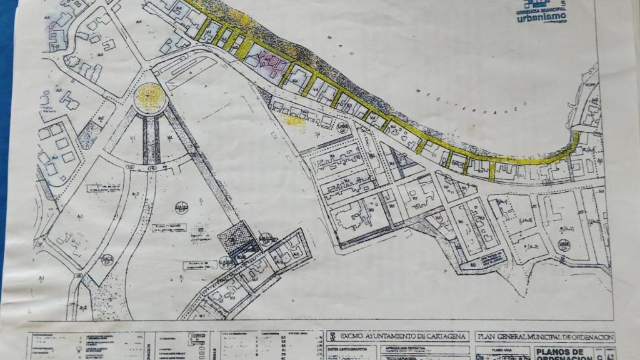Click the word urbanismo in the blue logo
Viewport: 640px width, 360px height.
pyautogui.click(x=542, y=17)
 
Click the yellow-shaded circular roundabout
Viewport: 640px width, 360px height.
pyautogui.click(x=149, y=97)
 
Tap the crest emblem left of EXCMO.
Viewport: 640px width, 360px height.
pyautogui.click(x=334, y=336)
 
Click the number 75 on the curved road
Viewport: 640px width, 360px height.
pyautogui.click(x=151, y=167)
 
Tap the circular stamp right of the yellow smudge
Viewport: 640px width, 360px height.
pyautogui.click(x=341, y=127)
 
